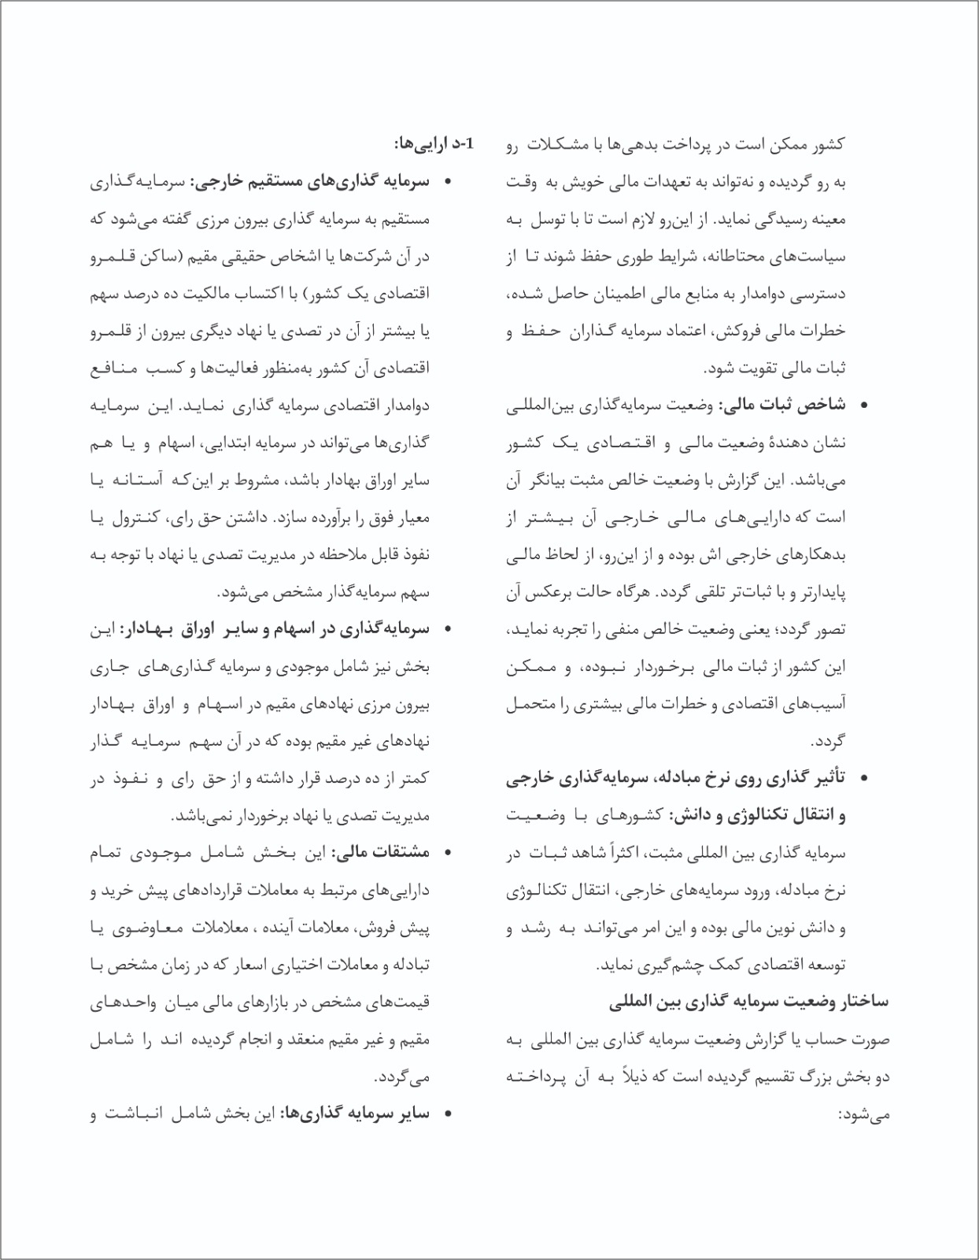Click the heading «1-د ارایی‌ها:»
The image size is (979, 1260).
tap(435, 144)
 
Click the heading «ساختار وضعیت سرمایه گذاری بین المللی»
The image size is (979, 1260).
tap(748, 1002)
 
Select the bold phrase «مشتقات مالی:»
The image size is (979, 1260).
tap(381, 853)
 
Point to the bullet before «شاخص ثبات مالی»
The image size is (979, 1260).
tap(865, 406)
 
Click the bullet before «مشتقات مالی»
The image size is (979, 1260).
tap(448, 854)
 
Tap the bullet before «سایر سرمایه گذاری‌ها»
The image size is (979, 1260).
tap(448, 1115)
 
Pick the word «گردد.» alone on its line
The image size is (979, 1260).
tap(829, 742)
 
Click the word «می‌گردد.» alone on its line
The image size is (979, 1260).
tap(401, 1077)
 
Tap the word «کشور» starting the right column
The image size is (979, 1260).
tap(828, 144)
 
